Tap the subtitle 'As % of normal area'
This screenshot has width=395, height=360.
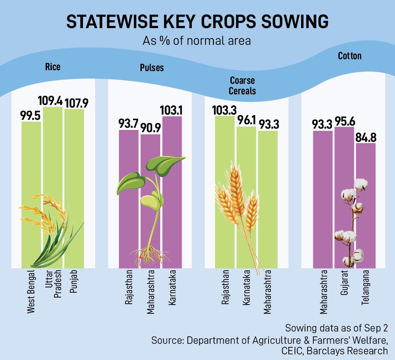tap(197, 41)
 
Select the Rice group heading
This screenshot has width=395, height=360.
tap(53, 67)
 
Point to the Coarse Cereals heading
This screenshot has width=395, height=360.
tap(242, 86)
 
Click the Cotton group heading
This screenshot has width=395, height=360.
tap(350, 56)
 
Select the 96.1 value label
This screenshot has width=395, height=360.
tap(247, 120)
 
